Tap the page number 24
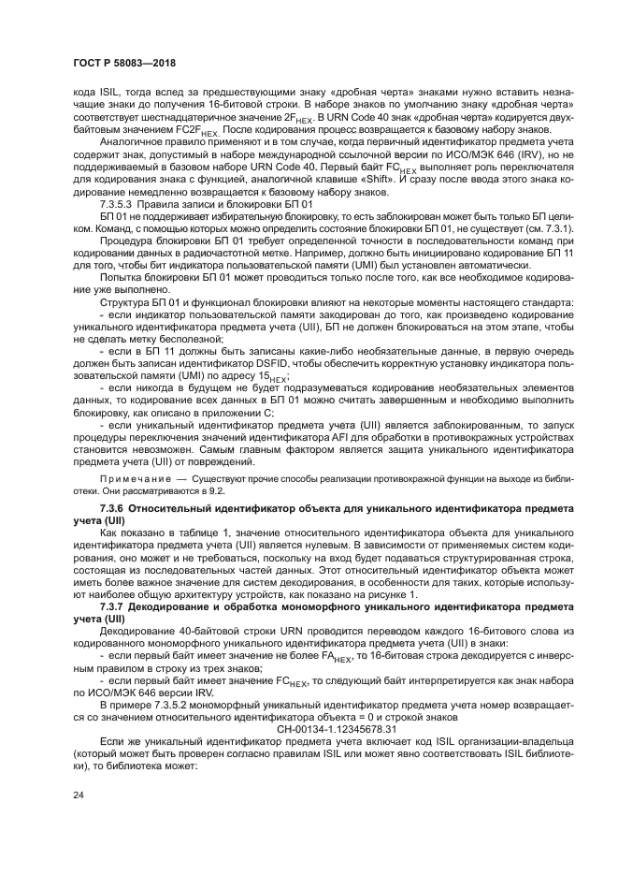click(78, 795)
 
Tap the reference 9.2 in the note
click(216, 489)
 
